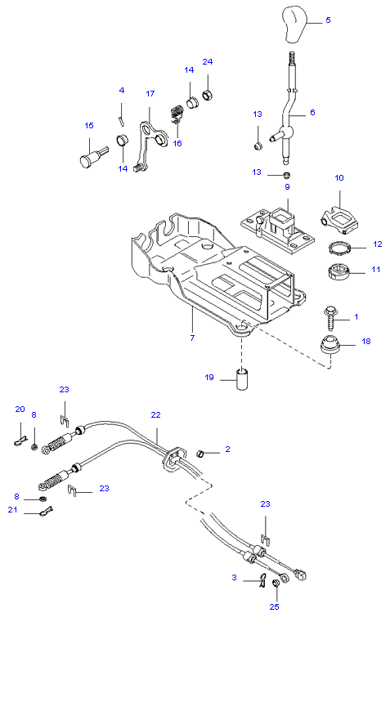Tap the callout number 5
(328, 20)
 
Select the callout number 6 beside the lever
(312, 112)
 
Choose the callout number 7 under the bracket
(192, 337)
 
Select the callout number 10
(339, 177)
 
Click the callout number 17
(150, 93)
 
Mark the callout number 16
(177, 143)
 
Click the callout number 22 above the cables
(155, 414)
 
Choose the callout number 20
(20, 409)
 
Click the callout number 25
(274, 607)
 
